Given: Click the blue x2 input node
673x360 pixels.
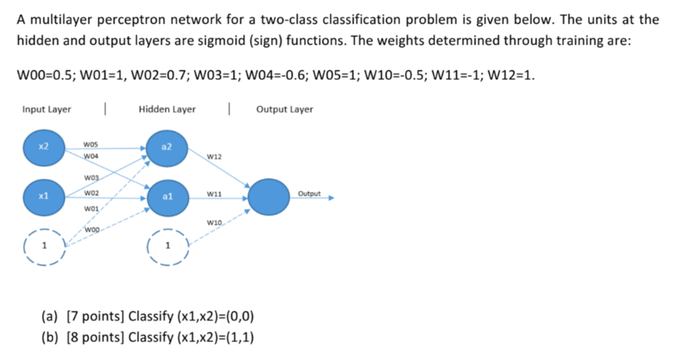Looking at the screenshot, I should pos(44,150).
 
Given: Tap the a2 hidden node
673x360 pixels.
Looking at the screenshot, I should pos(167,150).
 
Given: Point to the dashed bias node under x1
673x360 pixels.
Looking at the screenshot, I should pos(44,246).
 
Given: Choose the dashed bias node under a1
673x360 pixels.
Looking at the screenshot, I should pos(167,246).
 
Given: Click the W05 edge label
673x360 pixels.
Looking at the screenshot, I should pos(90,144).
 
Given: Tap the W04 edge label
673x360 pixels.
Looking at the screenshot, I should pos(90,157).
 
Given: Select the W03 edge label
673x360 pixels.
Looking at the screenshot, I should pos(90,178).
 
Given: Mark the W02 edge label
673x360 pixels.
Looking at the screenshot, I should pos(90,194).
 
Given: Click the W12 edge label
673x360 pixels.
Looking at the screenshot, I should pos(215,157).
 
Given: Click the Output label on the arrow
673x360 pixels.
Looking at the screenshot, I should pos(309,194).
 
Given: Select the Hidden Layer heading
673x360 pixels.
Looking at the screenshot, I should pos(167,109).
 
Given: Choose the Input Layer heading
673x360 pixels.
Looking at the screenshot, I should pos(47,109).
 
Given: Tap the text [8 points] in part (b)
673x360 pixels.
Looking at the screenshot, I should pos(92,336).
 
